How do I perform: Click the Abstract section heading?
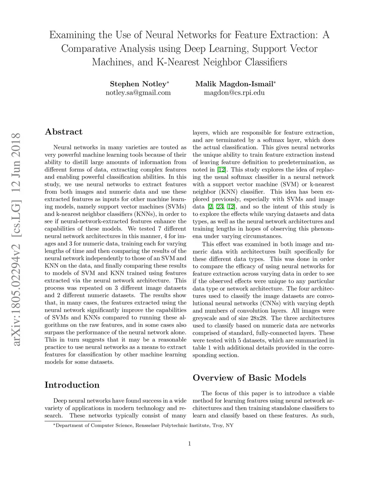pyautogui.click(x=63, y=132)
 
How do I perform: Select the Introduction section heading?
pyautogui.click(x=72, y=385)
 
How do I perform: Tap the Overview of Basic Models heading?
pyautogui.click(x=249, y=378)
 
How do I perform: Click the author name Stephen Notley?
pyautogui.click(x=138, y=84)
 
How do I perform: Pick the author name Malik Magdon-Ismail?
pyautogui.click(x=234, y=84)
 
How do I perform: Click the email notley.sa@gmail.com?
pyautogui.click(x=138, y=92)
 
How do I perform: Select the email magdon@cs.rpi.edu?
pyautogui.click(x=234, y=92)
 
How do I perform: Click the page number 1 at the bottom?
pyautogui.click(x=189, y=443)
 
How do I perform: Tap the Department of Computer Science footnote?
pyautogui.click(x=141, y=425)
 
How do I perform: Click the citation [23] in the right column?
pyautogui.click(x=220, y=207)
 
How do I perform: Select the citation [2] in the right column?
pyautogui.click(x=210, y=207)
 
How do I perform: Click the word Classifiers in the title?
pyautogui.click(x=266, y=62)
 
